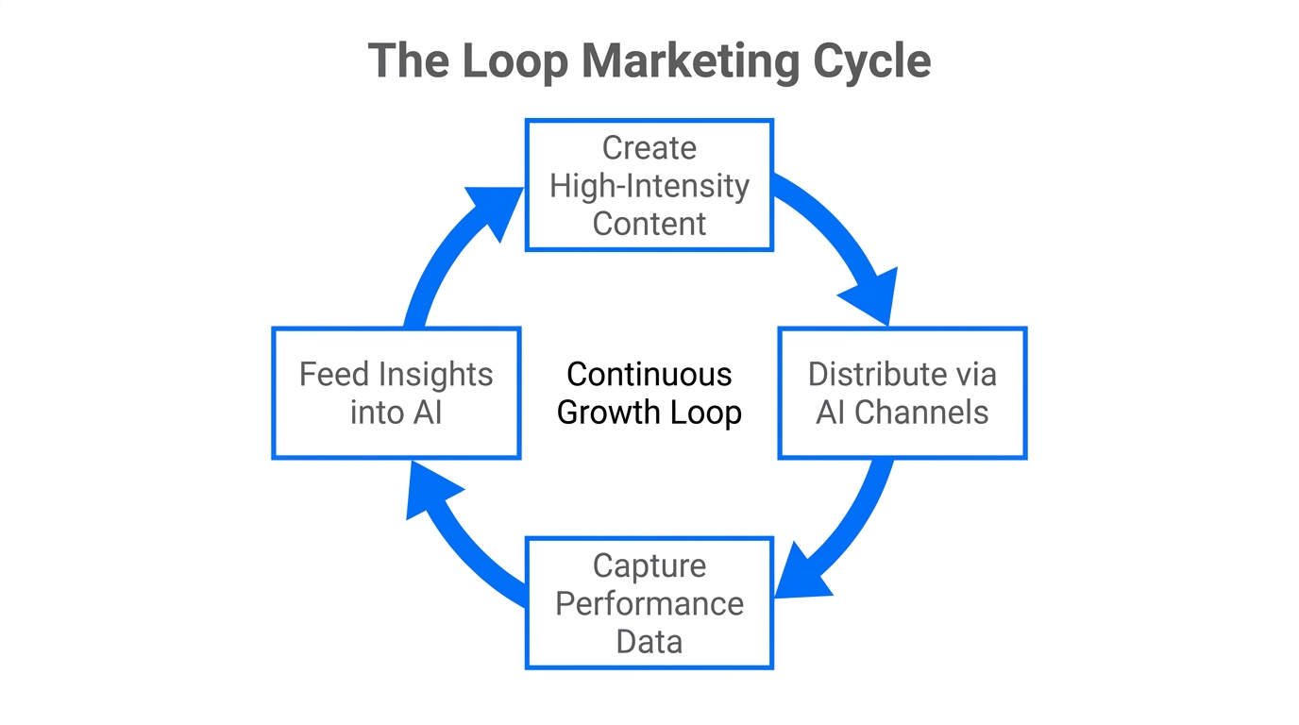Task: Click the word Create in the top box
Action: [x=649, y=148]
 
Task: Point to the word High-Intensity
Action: [x=649, y=186]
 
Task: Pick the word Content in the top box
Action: [x=649, y=224]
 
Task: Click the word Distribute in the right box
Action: [x=868, y=375]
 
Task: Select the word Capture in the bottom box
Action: [x=649, y=565]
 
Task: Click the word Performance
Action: [x=649, y=603]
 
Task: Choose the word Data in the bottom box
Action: [x=649, y=642]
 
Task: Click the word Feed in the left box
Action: [x=333, y=375]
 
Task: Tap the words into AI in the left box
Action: [x=396, y=413]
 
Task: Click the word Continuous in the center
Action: [x=649, y=375]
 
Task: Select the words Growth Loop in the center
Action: [x=649, y=413]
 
